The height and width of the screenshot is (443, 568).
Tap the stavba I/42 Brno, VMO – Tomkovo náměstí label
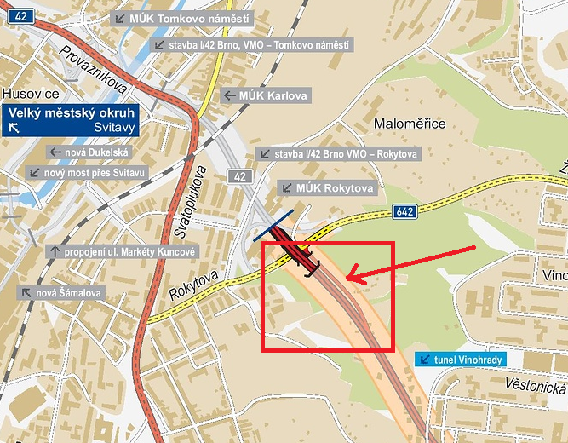coord(250,44)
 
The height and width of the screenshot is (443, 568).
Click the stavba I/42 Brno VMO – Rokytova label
coord(338,154)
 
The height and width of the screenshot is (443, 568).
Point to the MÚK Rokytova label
coord(327,187)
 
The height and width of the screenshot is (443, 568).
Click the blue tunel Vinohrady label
coord(461,360)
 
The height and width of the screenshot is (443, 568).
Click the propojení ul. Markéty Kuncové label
coord(123,251)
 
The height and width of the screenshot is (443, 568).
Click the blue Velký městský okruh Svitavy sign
coord(70,120)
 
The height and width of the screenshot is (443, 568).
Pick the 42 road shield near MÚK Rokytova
coord(239,175)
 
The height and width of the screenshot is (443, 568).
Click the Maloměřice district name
coord(410,124)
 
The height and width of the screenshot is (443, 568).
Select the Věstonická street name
coord(534,385)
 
